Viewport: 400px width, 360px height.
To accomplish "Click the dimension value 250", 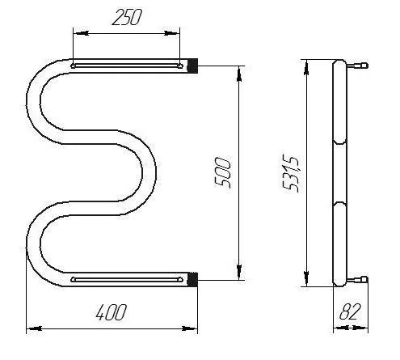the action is click(x=127, y=17).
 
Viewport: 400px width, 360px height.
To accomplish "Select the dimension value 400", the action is click(x=111, y=312).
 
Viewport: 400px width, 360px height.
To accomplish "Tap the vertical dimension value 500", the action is click(x=223, y=172).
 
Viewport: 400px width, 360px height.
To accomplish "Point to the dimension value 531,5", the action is click(x=291, y=174).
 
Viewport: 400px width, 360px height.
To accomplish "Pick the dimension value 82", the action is click(x=349, y=311).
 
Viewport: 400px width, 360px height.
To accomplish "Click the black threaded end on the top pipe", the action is click(x=192, y=66).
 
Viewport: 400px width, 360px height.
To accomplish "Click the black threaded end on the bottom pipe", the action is click(x=192, y=279).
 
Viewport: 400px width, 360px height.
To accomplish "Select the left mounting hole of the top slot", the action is click(x=73, y=66).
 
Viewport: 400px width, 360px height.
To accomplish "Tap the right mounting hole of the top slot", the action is click(x=180, y=66).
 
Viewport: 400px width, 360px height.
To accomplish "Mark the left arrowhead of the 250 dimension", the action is click(x=81, y=33).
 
